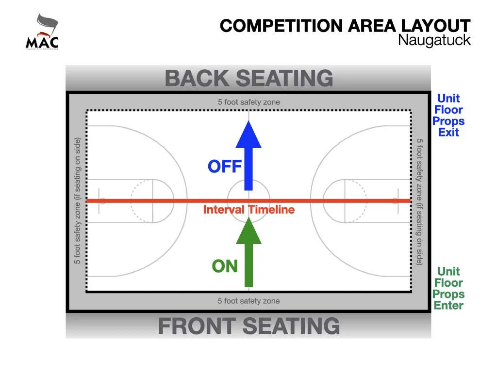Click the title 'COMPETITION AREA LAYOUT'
(x=345, y=26)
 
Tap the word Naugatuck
(x=434, y=40)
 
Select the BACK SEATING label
(x=249, y=78)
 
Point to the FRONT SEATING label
(x=249, y=326)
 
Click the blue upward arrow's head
(x=248, y=135)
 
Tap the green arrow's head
(x=248, y=231)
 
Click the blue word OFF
(x=225, y=167)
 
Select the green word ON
(x=225, y=266)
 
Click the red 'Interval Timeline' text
(x=248, y=210)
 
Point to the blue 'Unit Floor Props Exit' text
(x=448, y=116)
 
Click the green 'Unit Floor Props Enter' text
(x=448, y=288)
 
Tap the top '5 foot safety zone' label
(x=248, y=102)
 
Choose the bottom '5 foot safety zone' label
(x=248, y=301)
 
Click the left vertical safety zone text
(x=77, y=201)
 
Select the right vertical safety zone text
(x=420, y=201)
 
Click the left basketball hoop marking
(x=102, y=201)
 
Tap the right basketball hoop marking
(x=395, y=201)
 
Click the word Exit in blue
(x=448, y=132)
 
